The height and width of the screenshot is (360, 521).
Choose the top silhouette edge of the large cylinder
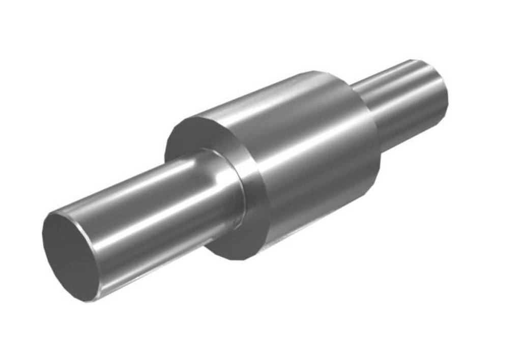click(254, 94)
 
